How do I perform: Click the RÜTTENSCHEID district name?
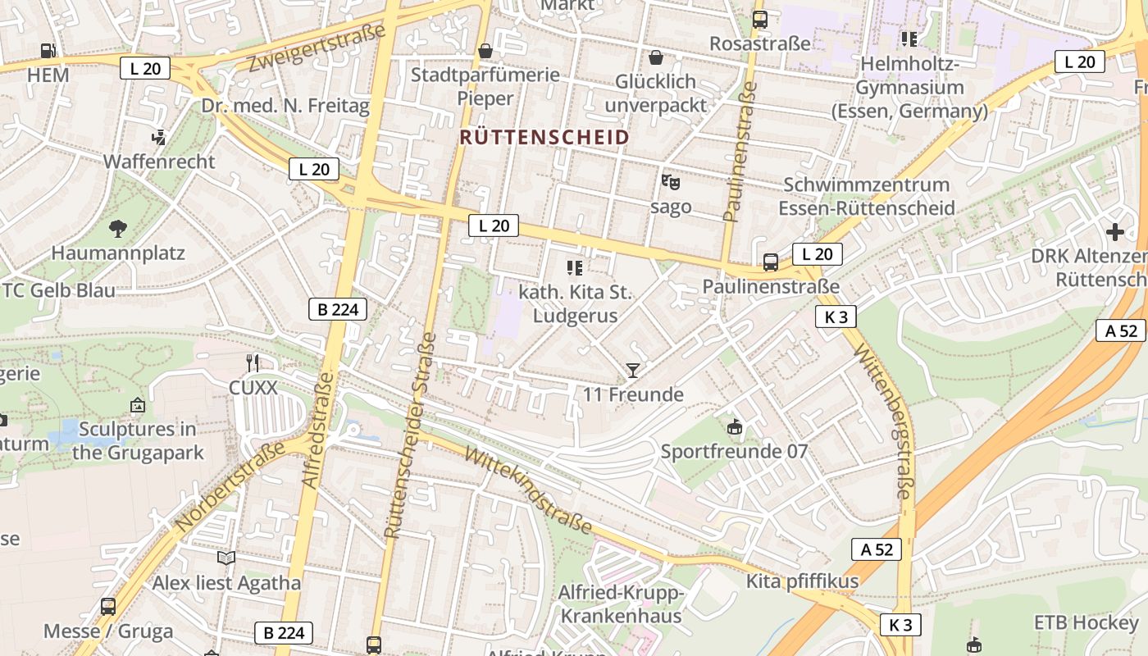pyautogui.click(x=544, y=137)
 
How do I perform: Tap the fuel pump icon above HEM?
pyautogui.click(x=48, y=51)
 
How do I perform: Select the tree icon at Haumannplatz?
pyautogui.click(x=118, y=229)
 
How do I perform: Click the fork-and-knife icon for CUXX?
pyautogui.click(x=253, y=362)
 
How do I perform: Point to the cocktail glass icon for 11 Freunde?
pyautogui.click(x=632, y=371)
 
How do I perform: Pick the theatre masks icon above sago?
pyautogui.click(x=670, y=182)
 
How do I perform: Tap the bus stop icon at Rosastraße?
pyautogui.click(x=760, y=20)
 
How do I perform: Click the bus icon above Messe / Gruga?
pyautogui.click(x=108, y=607)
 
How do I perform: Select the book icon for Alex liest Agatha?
pyautogui.click(x=226, y=558)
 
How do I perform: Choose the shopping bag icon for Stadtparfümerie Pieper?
pyautogui.click(x=485, y=51)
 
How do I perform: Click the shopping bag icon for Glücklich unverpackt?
pyautogui.click(x=655, y=57)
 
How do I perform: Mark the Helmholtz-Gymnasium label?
pyautogui.click(x=909, y=87)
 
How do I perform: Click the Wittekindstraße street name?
pyautogui.click(x=528, y=490)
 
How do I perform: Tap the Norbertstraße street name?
pyautogui.click(x=231, y=485)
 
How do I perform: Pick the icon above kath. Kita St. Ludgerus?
pyautogui.click(x=575, y=267)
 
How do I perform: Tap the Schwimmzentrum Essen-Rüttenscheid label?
pyautogui.click(x=866, y=196)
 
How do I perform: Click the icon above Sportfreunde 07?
pyautogui.click(x=734, y=426)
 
